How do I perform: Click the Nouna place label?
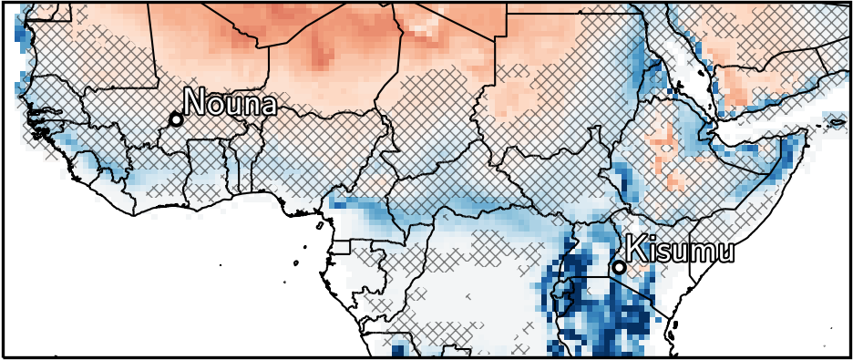click(230, 103)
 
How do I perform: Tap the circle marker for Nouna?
click(176, 119)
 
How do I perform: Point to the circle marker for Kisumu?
click(619, 267)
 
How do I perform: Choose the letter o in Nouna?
click(215, 105)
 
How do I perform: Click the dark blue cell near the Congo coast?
click(398, 349)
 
